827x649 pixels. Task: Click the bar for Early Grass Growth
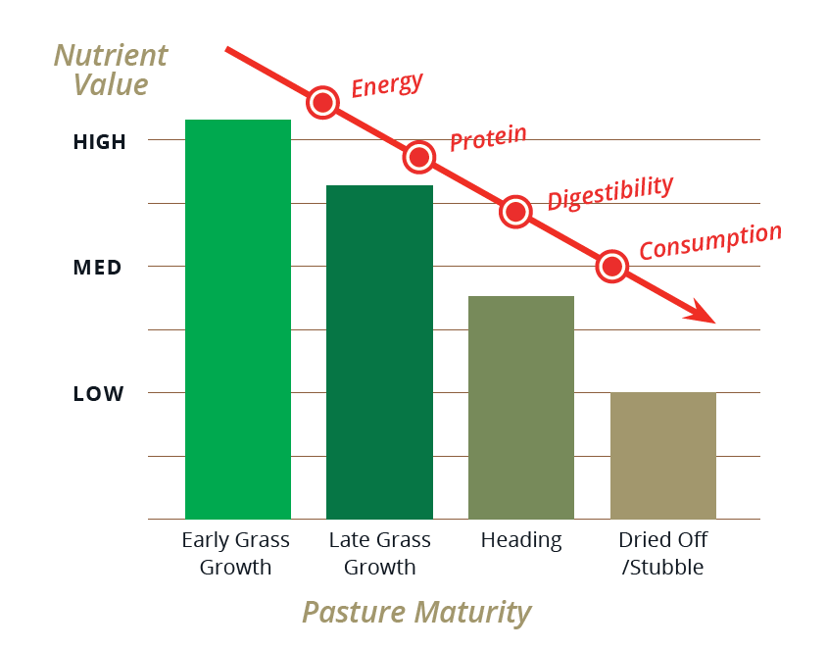(238, 319)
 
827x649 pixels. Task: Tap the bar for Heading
(520, 407)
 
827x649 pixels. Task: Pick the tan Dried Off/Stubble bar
(662, 455)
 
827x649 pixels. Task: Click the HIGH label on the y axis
(100, 142)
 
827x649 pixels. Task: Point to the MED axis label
(98, 268)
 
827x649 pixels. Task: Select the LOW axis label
(99, 394)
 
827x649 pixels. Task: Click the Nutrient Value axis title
(110, 70)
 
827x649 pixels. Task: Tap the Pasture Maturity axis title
(416, 613)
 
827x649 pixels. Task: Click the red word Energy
(387, 85)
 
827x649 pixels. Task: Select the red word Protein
(488, 138)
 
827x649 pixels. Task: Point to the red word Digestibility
(610, 192)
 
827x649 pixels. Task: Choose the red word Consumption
(710, 242)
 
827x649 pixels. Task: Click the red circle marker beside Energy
(323, 102)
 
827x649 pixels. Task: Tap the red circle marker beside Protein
(419, 156)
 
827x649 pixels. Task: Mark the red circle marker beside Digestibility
(515, 211)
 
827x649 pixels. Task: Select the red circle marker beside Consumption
(612, 266)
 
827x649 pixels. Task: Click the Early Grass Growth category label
(236, 554)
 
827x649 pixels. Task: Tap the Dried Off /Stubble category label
(662, 554)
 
